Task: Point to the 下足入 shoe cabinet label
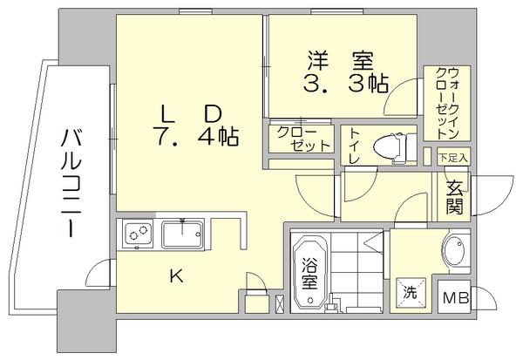coord(453,158)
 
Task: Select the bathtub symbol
coord(311,272)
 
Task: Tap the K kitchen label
coord(176,277)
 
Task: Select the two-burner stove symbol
coord(138,234)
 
